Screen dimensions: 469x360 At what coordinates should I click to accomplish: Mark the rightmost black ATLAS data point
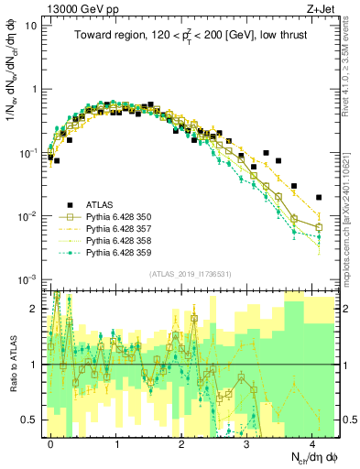[x=318, y=197]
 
